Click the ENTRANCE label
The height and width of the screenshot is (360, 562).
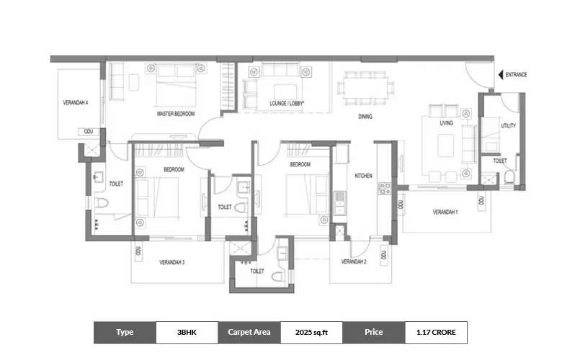(516, 74)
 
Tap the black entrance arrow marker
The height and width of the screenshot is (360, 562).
(500, 74)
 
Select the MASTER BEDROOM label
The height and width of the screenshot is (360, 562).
(177, 114)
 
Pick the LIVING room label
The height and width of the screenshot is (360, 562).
(447, 124)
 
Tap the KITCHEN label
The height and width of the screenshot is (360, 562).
(362, 175)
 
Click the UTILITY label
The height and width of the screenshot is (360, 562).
(509, 126)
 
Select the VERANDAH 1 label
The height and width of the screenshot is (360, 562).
(445, 212)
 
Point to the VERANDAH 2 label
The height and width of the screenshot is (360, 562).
(354, 262)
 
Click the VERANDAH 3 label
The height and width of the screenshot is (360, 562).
(172, 262)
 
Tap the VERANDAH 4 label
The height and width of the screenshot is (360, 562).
(76, 103)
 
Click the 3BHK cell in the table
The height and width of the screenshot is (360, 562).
(187, 333)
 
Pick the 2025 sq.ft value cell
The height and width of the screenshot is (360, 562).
(311, 333)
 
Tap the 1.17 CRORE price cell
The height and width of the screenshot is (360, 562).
(436, 333)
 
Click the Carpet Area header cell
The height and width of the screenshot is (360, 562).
(249, 333)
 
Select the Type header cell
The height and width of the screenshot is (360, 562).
(125, 333)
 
